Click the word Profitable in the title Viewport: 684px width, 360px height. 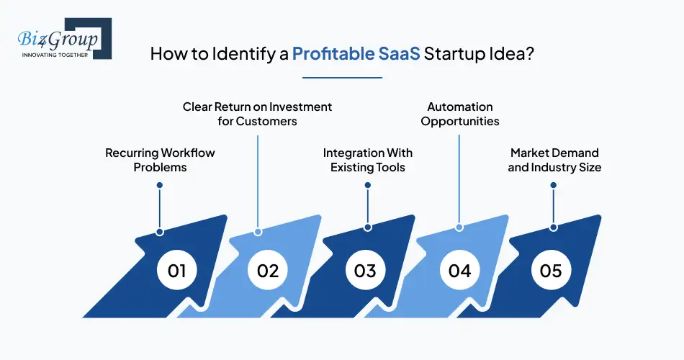[333, 55]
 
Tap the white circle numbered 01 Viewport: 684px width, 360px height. [176, 271]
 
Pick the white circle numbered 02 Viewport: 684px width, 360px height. [267, 271]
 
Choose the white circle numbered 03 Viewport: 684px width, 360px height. [365, 271]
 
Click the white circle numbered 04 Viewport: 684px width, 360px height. [459, 271]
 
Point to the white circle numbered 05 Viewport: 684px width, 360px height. [551, 271]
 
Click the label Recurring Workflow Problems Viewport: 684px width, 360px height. [160, 160]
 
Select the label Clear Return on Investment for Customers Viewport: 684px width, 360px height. [257, 114]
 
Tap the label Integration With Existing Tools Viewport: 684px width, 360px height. [367, 160]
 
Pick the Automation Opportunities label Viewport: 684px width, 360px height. [460, 114]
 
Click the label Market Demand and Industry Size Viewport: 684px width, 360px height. [554, 160]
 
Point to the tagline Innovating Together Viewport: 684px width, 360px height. [55, 54]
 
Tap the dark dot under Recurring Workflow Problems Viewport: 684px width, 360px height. [160, 185]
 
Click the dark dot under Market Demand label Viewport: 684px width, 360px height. [554, 185]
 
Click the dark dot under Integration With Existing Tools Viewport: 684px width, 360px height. [367, 185]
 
